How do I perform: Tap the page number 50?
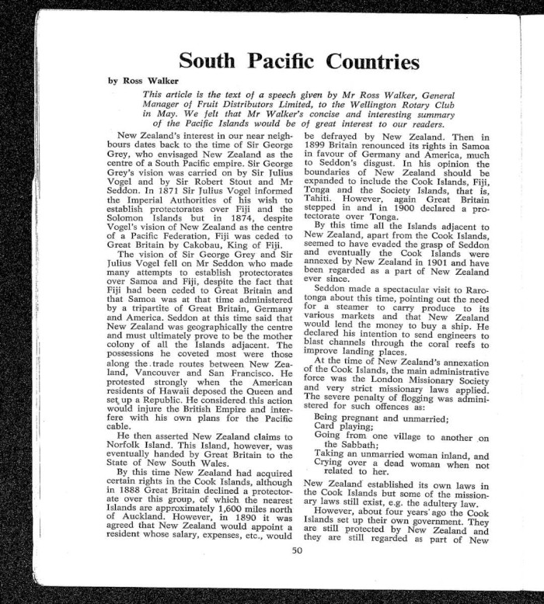[x=296, y=551]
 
